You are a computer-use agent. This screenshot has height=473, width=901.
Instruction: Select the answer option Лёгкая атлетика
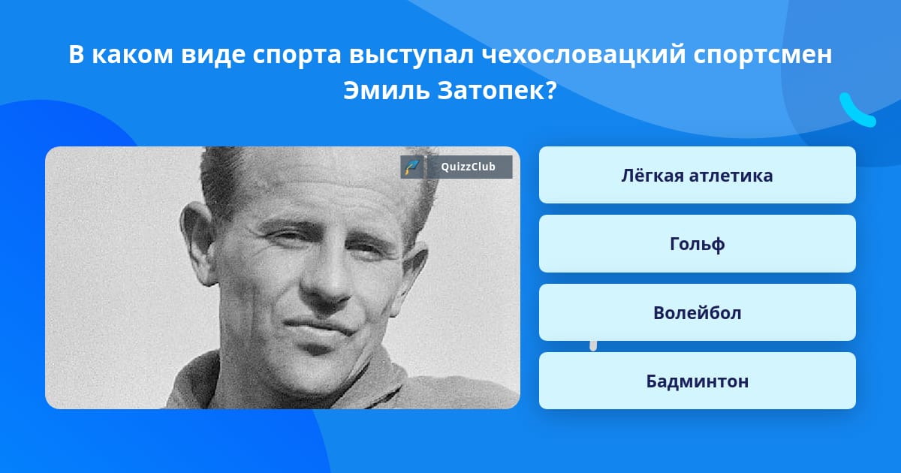pos(697,176)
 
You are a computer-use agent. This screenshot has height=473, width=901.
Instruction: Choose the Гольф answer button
pos(697,244)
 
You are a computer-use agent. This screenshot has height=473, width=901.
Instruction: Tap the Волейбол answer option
pos(697,313)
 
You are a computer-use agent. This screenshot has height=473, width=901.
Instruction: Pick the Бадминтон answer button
pos(697,381)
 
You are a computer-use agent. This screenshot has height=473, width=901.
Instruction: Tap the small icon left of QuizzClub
pos(411,167)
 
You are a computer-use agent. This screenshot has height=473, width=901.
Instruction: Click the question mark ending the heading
pos(550,92)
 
